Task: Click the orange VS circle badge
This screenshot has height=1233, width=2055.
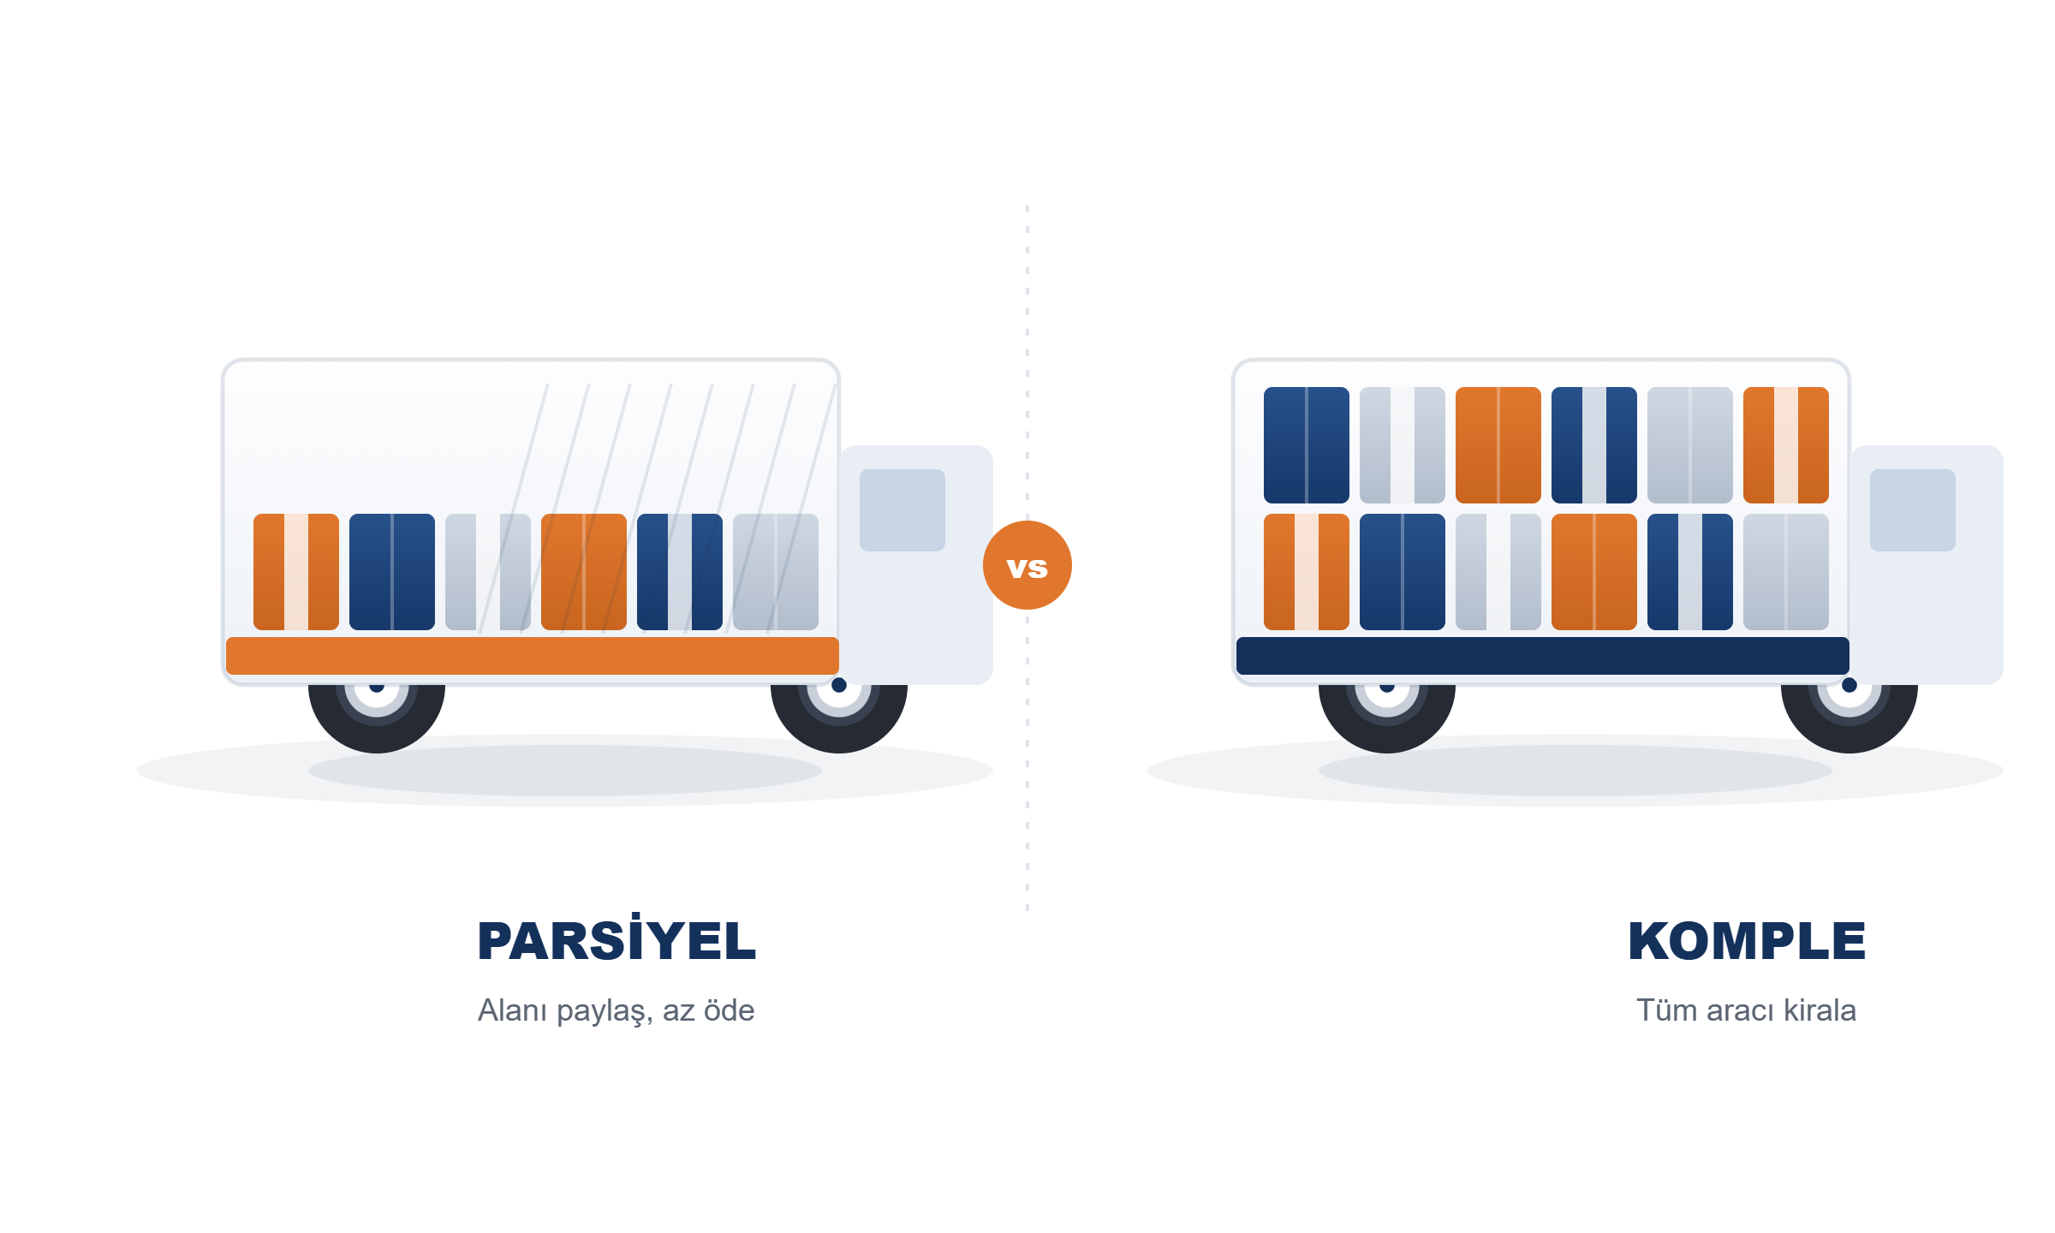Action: (x=1027, y=565)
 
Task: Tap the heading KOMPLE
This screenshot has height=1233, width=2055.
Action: (x=1747, y=941)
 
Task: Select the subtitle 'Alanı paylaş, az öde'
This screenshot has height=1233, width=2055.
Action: (x=616, y=1010)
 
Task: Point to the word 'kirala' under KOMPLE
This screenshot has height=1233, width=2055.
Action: (x=1820, y=1010)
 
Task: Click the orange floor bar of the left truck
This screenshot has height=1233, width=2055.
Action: (x=533, y=656)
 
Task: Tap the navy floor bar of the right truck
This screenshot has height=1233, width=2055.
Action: (x=1543, y=656)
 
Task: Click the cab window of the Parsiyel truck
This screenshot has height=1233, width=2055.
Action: (x=902, y=510)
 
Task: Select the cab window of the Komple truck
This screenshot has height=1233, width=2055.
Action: (x=1913, y=510)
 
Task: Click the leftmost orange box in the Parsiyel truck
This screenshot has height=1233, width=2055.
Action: (x=296, y=572)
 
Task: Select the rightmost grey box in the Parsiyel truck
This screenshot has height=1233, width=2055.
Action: (x=776, y=572)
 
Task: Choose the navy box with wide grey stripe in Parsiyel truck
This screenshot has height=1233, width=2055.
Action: (x=680, y=572)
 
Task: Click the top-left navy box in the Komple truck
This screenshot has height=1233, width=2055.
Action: (x=1307, y=445)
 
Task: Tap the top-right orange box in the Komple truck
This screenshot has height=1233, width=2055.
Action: (x=1786, y=445)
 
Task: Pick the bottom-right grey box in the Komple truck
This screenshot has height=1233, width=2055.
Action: (x=1786, y=572)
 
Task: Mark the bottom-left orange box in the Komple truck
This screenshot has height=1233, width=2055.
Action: (x=1307, y=572)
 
